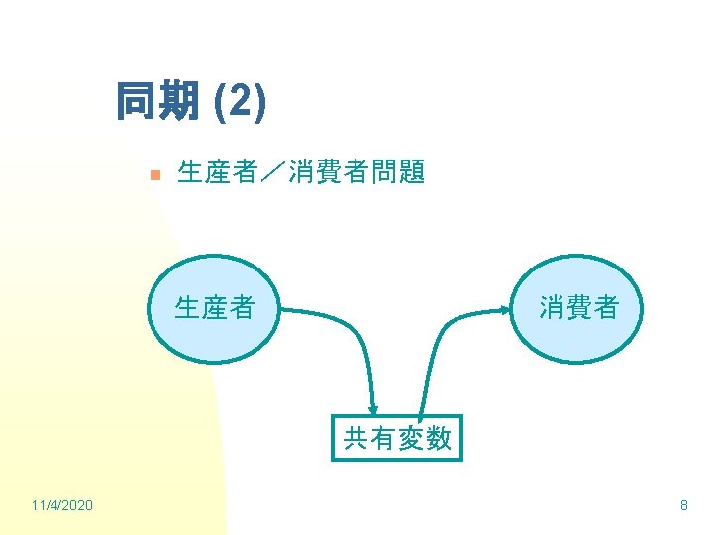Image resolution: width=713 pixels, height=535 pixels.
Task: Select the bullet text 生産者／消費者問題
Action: point(301,173)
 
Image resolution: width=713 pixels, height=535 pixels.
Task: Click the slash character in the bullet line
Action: point(273,173)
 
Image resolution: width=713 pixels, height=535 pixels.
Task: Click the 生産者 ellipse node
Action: point(215,308)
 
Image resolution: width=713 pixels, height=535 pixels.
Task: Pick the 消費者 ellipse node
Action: point(578,308)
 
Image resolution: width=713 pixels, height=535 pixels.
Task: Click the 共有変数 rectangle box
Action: point(397,437)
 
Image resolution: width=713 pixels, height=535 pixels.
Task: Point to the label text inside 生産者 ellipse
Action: point(215,308)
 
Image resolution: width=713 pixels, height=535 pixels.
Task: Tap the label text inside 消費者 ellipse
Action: point(578,308)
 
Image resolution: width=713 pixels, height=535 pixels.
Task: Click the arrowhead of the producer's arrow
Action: point(374,407)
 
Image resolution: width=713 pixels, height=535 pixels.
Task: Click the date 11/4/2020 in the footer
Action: point(62,506)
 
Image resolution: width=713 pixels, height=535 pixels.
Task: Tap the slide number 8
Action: point(683,506)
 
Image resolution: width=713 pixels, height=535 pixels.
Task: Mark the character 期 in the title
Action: point(178,101)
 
